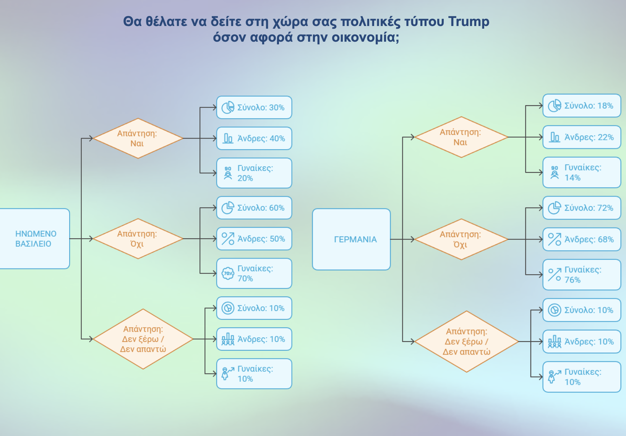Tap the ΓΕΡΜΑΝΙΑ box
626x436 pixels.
click(x=351, y=239)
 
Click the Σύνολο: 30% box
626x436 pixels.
click(x=254, y=107)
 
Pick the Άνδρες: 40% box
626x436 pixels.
click(x=254, y=138)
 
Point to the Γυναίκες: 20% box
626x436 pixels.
click(x=254, y=173)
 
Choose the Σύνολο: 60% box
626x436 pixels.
click(x=254, y=208)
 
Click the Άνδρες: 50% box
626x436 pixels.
click(x=254, y=239)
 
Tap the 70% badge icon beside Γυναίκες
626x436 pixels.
click(x=228, y=273)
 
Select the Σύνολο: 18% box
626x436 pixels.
click(x=582, y=106)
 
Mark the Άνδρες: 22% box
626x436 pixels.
click(x=582, y=137)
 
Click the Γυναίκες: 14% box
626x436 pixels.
click(x=582, y=172)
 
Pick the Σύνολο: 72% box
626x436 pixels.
click(x=582, y=208)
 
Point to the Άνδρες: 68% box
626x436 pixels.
click(x=582, y=239)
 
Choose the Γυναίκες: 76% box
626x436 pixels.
click(x=582, y=275)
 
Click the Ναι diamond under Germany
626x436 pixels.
click(x=461, y=137)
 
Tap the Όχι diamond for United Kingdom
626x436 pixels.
click(x=138, y=239)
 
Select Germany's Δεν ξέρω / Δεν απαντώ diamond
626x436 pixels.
click(x=466, y=342)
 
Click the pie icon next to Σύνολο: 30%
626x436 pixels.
click(x=228, y=107)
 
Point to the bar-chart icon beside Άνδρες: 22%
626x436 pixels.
click(x=555, y=137)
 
